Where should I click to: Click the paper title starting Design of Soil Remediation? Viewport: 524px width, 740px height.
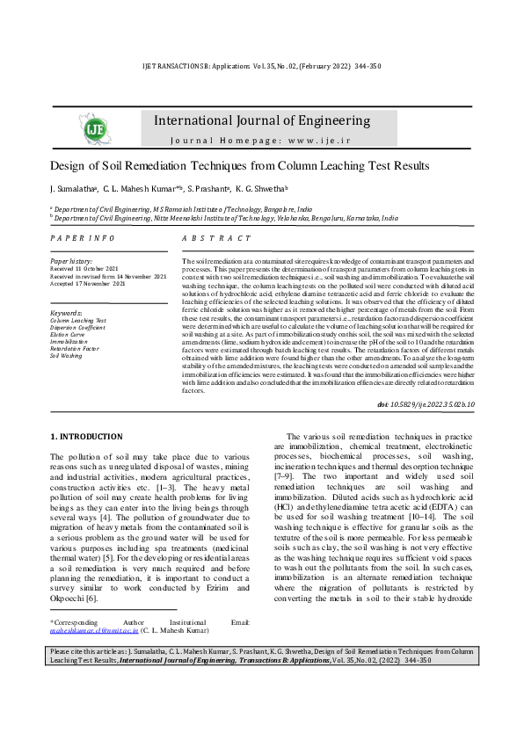point(239,165)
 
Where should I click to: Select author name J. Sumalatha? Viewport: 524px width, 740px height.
point(72,189)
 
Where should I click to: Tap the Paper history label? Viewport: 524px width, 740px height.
point(71,262)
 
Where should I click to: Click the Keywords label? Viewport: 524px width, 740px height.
point(67,313)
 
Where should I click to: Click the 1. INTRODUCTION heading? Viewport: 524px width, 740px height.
point(86,437)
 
